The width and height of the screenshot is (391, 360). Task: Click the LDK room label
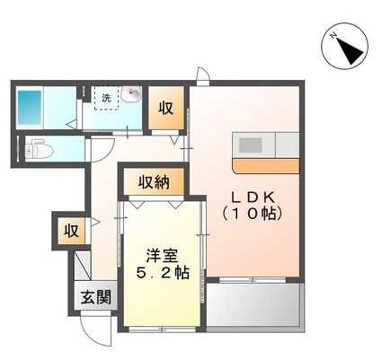pyautogui.click(x=254, y=197)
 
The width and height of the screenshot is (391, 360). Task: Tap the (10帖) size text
pyautogui.click(x=253, y=215)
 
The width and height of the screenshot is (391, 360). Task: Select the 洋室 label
pyautogui.click(x=163, y=254)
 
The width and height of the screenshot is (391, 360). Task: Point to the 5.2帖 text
pyautogui.click(x=163, y=272)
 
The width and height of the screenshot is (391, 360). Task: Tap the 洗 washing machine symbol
pyautogui.click(x=107, y=97)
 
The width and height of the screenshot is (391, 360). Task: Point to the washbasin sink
pyautogui.click(x=132, y=95)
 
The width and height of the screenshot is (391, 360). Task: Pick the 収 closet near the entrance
pyautogui.click(x=70, y=230)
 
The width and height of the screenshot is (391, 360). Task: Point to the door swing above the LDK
pyautogui.click(x=204, y=76)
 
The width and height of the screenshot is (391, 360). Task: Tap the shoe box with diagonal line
pyautogui.click(x=82, y=267)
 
